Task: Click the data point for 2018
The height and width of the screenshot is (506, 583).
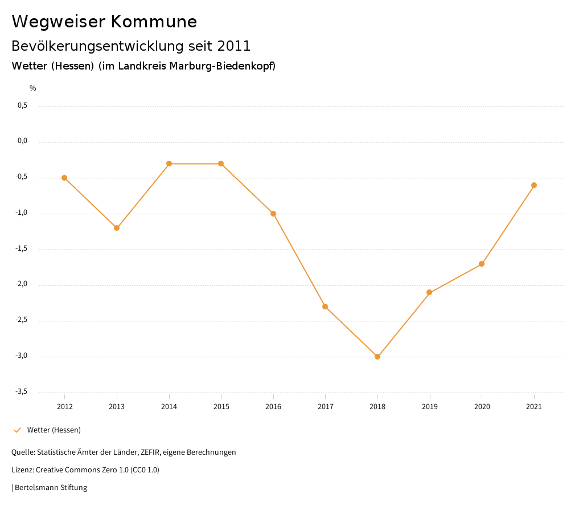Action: (x=377, y=357)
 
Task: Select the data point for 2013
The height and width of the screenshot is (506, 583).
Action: (x=117, y=228)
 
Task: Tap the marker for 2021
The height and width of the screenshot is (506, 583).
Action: (x=534, y=185)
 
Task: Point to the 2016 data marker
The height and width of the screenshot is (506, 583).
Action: (x=273, y=214)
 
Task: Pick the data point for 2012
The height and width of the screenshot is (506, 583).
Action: (x=64, y=178)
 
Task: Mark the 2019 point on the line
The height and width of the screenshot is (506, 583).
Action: (x=430, y=293)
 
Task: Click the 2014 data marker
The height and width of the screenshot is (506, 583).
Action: (x=169, y=164)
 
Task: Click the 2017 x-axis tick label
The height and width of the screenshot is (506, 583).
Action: (x=325, y=407)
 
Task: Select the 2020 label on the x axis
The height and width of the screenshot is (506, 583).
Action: (x=482, y=407)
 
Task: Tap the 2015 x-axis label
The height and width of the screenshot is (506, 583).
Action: (x=221, y=407)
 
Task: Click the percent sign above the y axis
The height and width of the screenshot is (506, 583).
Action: (x=33, y=88)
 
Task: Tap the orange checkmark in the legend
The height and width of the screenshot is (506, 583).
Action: (x=17, y=430)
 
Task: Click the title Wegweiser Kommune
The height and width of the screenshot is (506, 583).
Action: (x=104, y=22)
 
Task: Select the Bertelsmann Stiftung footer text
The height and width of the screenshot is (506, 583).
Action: (x=50, y=488)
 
